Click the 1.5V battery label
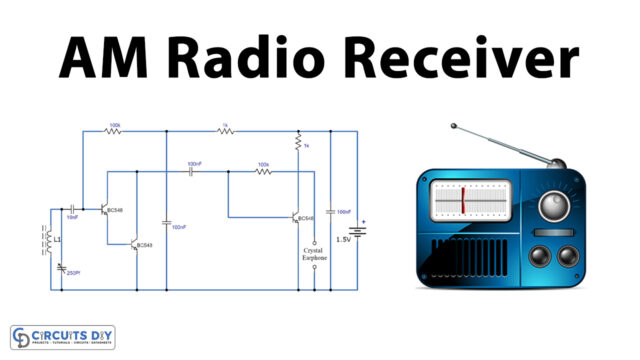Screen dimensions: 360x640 [x=341, y=239]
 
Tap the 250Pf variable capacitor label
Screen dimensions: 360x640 [x=72, y=271]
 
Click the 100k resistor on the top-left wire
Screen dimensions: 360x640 [x=113, y=131]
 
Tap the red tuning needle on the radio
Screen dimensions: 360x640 [x=463, y=200]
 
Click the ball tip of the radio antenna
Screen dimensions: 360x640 [x=454, y=127]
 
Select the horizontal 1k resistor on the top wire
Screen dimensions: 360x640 [x=225, y=131]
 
